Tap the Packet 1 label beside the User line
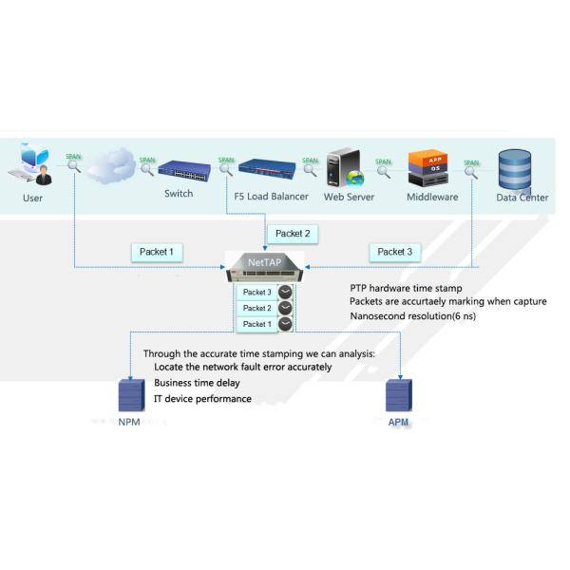click(157, 252)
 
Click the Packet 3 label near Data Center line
click(395, 252)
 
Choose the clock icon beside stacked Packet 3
click(284, 293)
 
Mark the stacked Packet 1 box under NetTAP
click(256, 324)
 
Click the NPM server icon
click(128, 394)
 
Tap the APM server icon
click(398, 394)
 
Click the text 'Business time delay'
click(197, 383)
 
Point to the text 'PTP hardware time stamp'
click(406, 286)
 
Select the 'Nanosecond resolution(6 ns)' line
click(412, 316)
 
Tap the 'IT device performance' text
click(202, 399)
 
